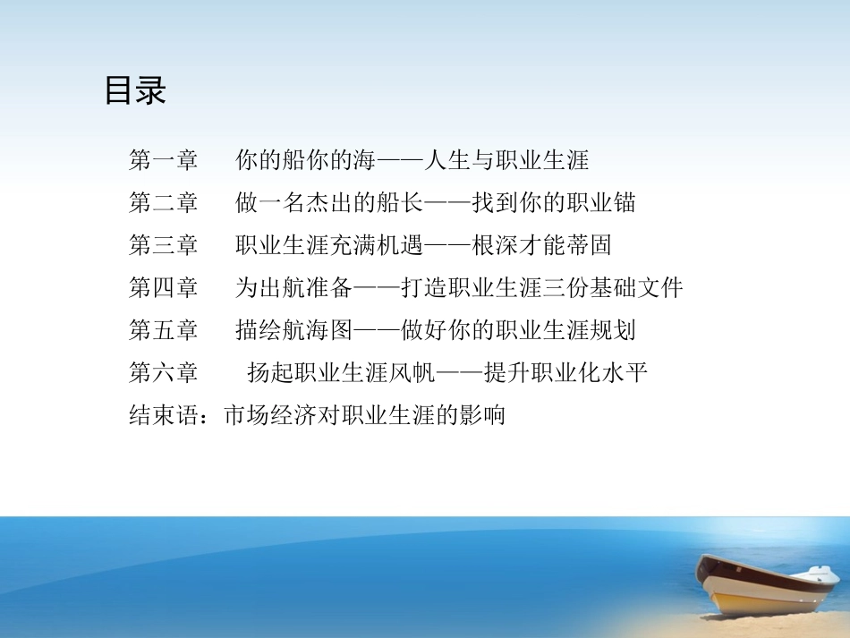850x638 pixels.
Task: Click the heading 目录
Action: point(135,91)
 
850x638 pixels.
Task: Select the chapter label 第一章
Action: point(164,161)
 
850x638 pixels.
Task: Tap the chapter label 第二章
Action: point(164,203)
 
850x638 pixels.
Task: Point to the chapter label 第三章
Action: point(164,245)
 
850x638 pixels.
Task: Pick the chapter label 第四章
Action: point(164,287)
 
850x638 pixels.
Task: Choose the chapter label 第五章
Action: point(164,330)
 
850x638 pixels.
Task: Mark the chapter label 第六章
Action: point(164,372)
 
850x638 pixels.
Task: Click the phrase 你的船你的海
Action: point(305,161)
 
